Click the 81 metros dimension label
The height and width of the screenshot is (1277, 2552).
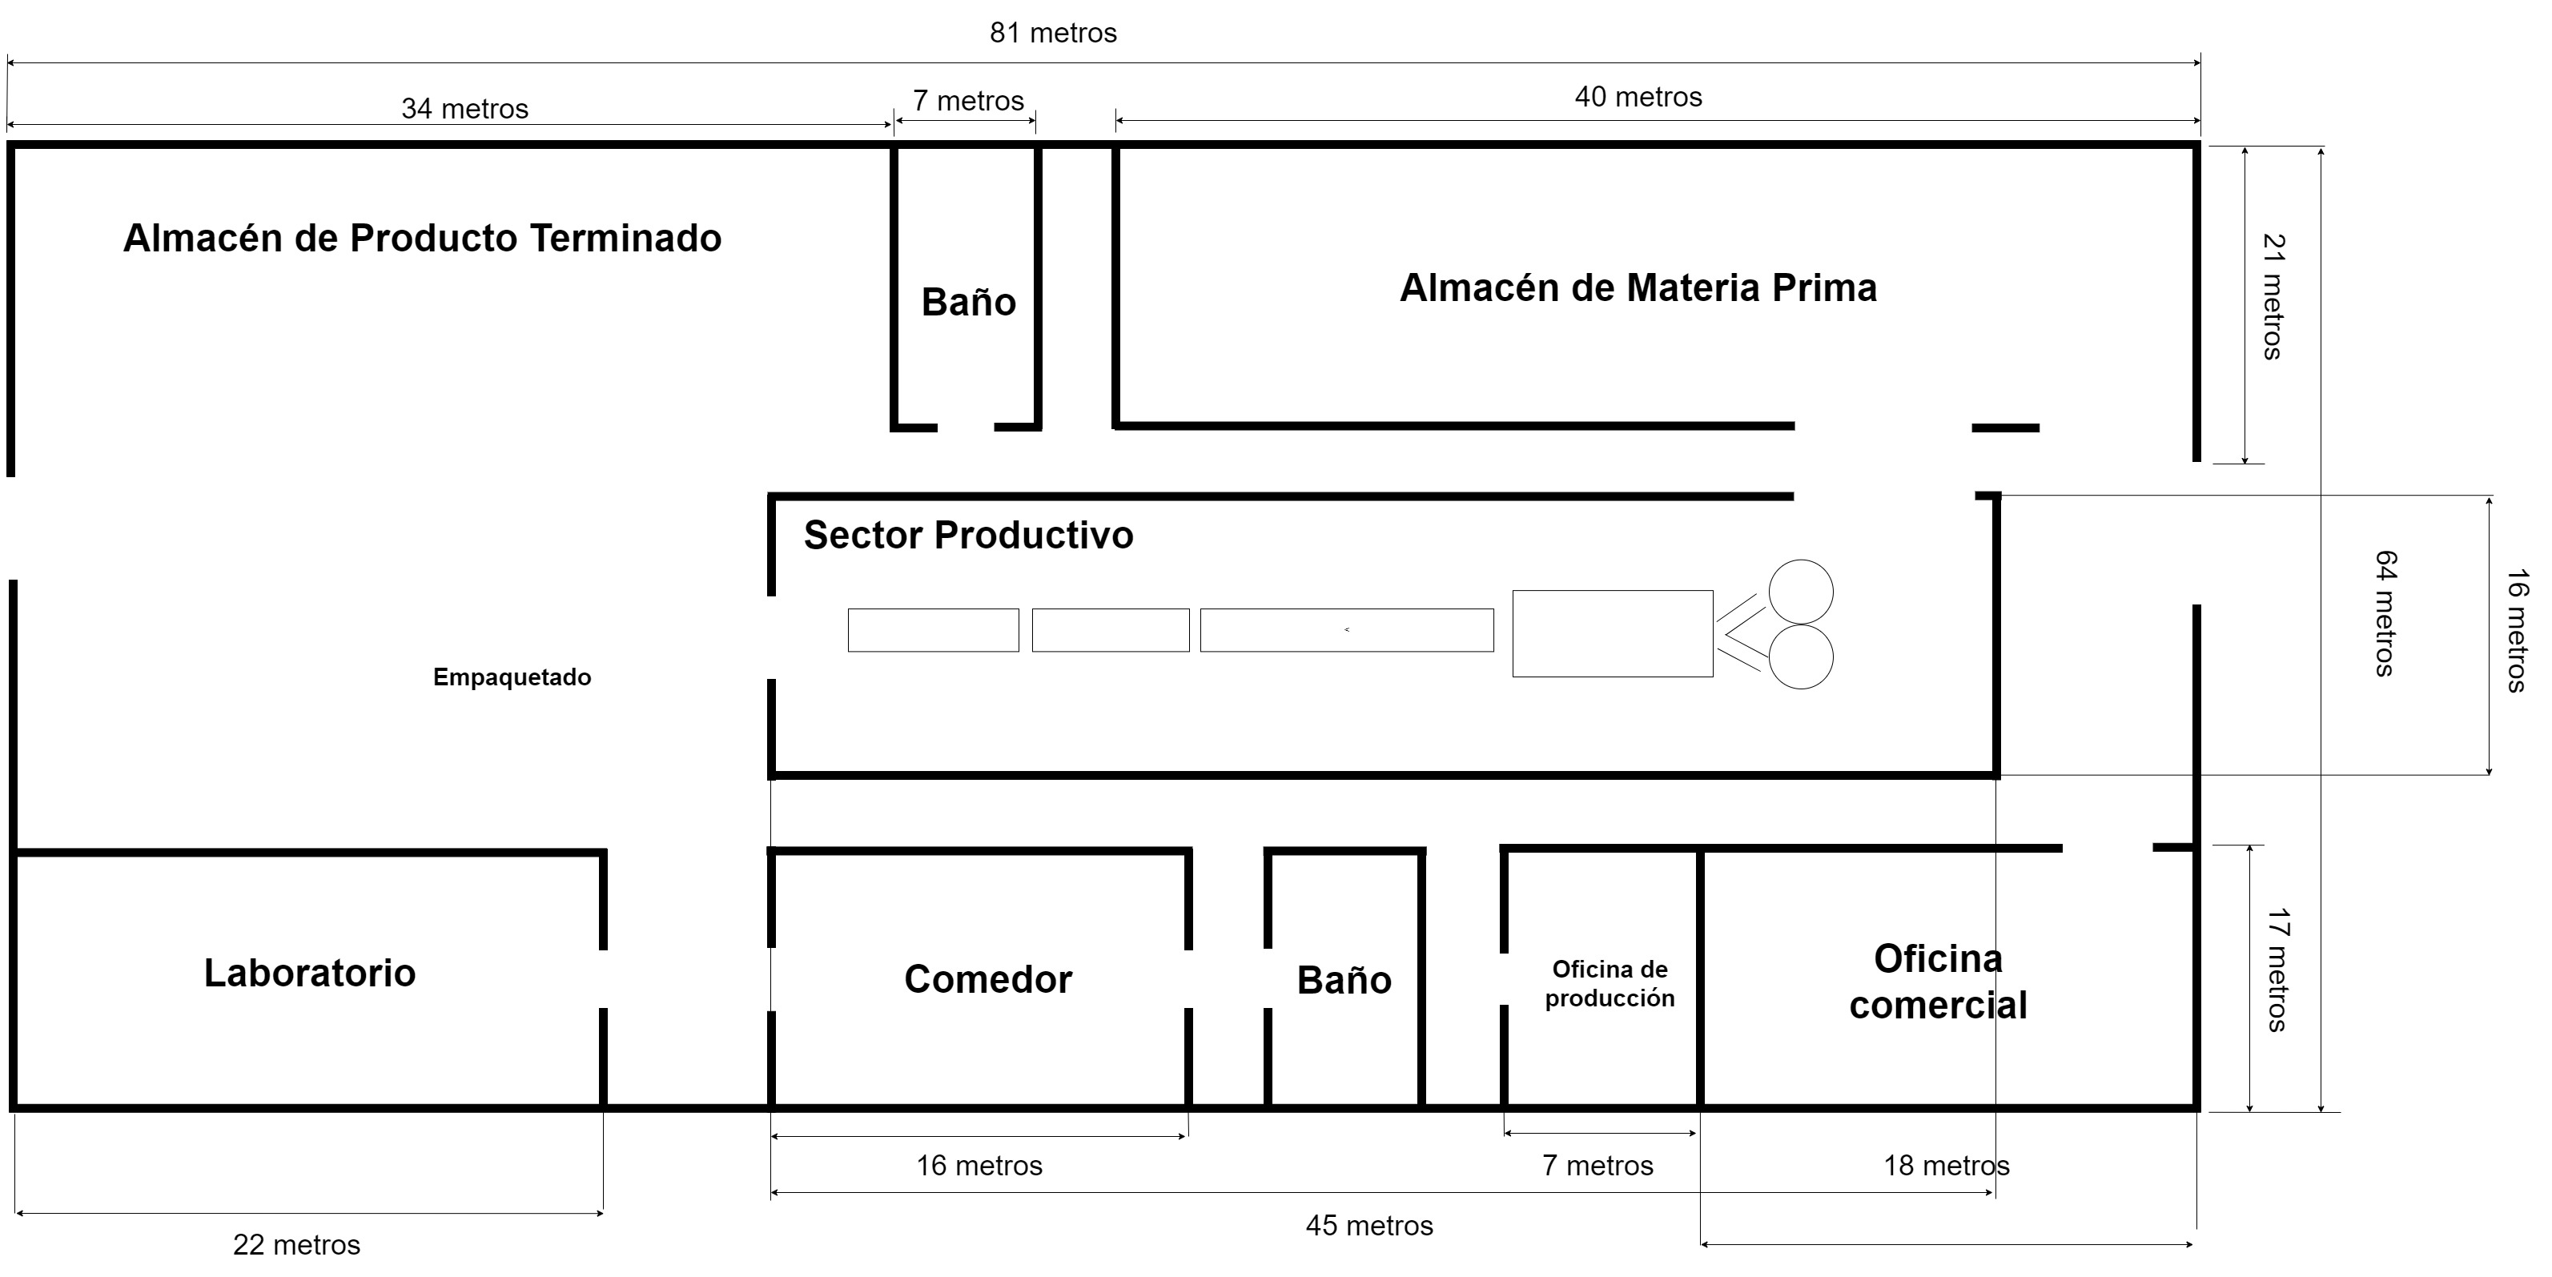click(x=1053, y=33)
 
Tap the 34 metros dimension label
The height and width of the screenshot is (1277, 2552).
click(x=464, y=108)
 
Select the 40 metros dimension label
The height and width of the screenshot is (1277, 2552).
click(x=1638, y=96)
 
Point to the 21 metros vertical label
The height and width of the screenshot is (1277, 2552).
click(x=2273, y=297)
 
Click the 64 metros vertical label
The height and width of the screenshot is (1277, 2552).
click(x=2385, y=613)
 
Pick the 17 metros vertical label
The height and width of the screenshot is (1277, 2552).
click(x=2277, y=970)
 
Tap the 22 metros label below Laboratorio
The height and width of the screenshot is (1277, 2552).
click(x=296, y=1244)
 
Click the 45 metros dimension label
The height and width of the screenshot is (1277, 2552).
click(x=1369, y=1226)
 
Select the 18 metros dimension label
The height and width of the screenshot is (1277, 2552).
click(x=1947, y=1165)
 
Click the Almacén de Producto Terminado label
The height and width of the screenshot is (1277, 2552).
click(x=422, y=238)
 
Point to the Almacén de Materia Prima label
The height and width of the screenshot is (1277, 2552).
click(x=1638, y=287)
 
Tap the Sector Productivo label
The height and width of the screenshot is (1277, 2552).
click(x=968, y=535)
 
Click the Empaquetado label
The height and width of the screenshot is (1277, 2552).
click(x=512, y=677)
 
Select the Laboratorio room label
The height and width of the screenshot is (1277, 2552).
click(x=309, y=973)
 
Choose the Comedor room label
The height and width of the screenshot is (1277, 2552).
click(x=987, y=979)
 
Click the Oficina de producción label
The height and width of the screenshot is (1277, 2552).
click(x=1610, y=984)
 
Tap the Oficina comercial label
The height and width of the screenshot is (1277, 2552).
click(x=1938, y=982)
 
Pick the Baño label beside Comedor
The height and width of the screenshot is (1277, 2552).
click(x=1344, y=980)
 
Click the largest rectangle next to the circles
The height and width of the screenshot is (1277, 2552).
click(x=1612, y=634)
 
